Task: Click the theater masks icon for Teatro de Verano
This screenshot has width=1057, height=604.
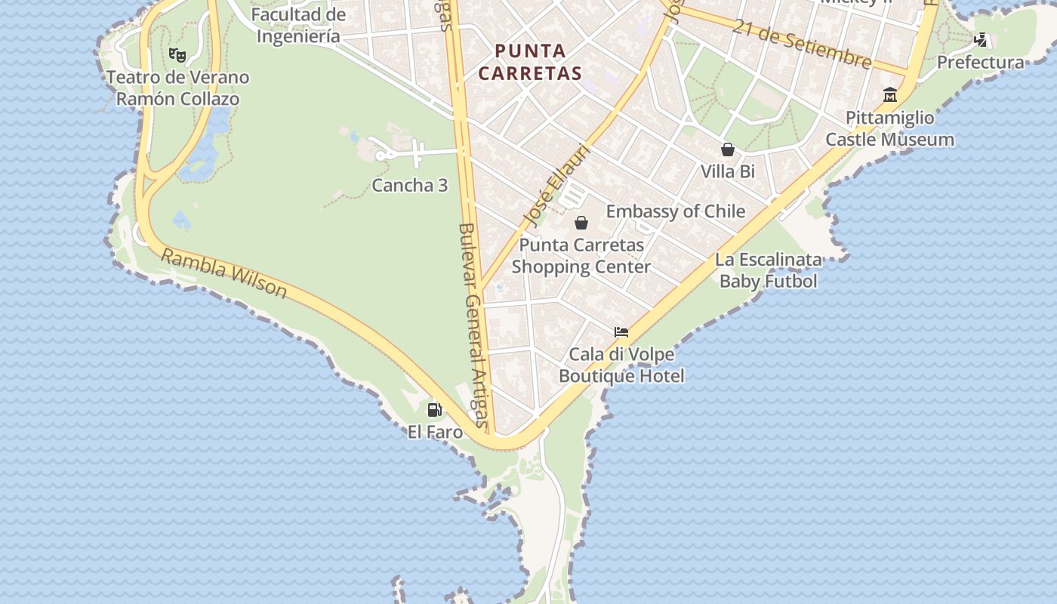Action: [x=177, y=54]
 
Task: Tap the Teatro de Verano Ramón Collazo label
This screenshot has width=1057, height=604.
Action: [x=177, y=88]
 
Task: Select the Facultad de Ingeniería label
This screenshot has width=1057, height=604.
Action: [x=298, y=25]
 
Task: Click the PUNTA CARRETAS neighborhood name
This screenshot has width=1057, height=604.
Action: [x=530, y=62]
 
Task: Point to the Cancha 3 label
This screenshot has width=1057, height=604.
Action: [x=409, y=186]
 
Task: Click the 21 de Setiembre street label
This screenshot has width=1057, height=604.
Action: [x=801, y=43]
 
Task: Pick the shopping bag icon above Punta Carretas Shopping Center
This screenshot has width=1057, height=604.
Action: [x=581, y=223]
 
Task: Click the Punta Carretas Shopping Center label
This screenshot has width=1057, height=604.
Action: [x=581, y=256]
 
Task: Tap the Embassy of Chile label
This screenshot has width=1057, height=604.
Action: [x=676, y=211]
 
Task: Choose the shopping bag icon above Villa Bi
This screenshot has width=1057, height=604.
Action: [x=728, y=149]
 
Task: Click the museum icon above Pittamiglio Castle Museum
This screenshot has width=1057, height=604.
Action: [x=890, y=95]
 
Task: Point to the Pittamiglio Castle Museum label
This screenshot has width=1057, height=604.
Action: [x=889, y=129]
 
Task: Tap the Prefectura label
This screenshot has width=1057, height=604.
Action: [x=980, y=63]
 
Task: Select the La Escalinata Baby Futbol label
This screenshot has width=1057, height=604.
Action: [x=769, y=270]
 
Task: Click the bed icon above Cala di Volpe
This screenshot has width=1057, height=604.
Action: [x=621, y=331]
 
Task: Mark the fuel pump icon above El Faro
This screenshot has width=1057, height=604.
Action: [x=435, y=409]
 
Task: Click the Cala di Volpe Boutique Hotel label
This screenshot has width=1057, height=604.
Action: [x=621, y=365]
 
